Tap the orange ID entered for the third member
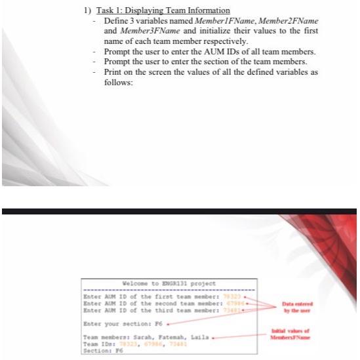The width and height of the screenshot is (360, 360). point(231,309)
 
